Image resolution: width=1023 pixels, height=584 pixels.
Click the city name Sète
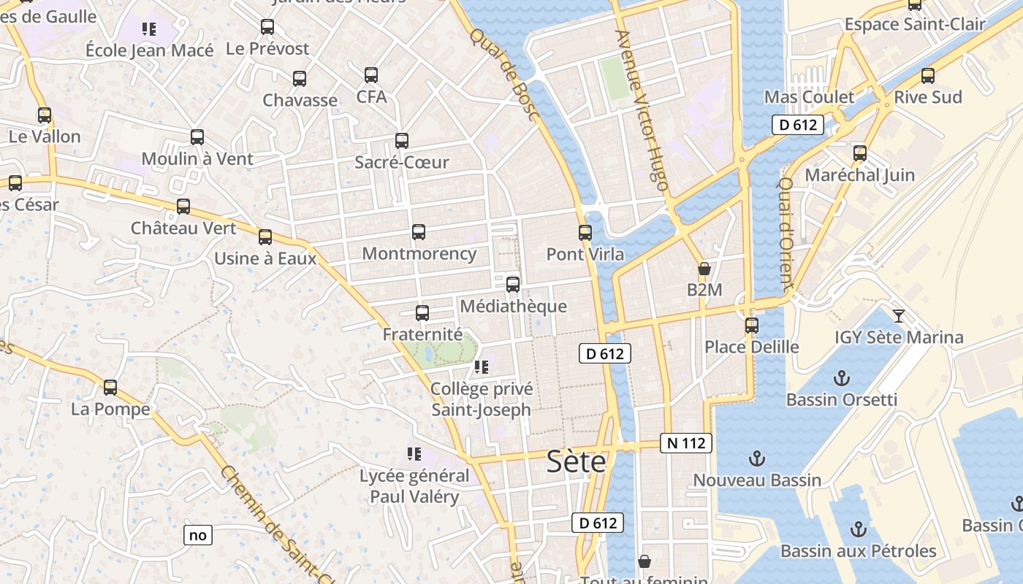pyautogui.click(x=577, y=462)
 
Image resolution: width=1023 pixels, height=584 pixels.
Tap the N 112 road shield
pyautogui.click(x=686, y=442)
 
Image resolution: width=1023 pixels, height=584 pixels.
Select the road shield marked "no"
pyautogui.click(x=198, y=535)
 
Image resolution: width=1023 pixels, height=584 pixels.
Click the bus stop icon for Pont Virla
pyautogui.click(x=585, y=233)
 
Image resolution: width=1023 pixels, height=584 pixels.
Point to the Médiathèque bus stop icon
pyautogui.click(x=513, y=285)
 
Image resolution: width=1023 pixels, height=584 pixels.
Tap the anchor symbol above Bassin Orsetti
pyautogui.click(x=842, y=378)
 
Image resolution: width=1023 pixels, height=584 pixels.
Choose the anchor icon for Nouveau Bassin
pyautogui.click(x=757, y=458)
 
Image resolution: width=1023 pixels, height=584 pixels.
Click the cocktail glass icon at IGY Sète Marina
pyautogui.click(x=899, y=316)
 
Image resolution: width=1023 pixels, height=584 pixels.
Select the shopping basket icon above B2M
pyautogui.click(x=704, y=269)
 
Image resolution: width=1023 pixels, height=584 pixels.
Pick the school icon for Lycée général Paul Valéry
pyautogui.click(x=414, y=454)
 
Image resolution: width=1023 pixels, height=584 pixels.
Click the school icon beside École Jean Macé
pyautogui.click(x=149, y=29)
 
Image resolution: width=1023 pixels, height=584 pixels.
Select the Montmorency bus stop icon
pyautogui.click(x=419, y=232)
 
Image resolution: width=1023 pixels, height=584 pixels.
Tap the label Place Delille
pyautogui.click(x=751, y=346)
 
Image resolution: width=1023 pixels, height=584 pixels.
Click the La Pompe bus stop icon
pyautogui.click(x=110, y=388)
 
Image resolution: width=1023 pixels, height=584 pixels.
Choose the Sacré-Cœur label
pyautogui.click(x=401, y=162)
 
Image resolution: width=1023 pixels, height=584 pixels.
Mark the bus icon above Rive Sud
pyautogui.click(x=928, y=75)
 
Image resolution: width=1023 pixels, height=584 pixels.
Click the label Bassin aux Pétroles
pyautogui.click(x=858, y=550)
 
